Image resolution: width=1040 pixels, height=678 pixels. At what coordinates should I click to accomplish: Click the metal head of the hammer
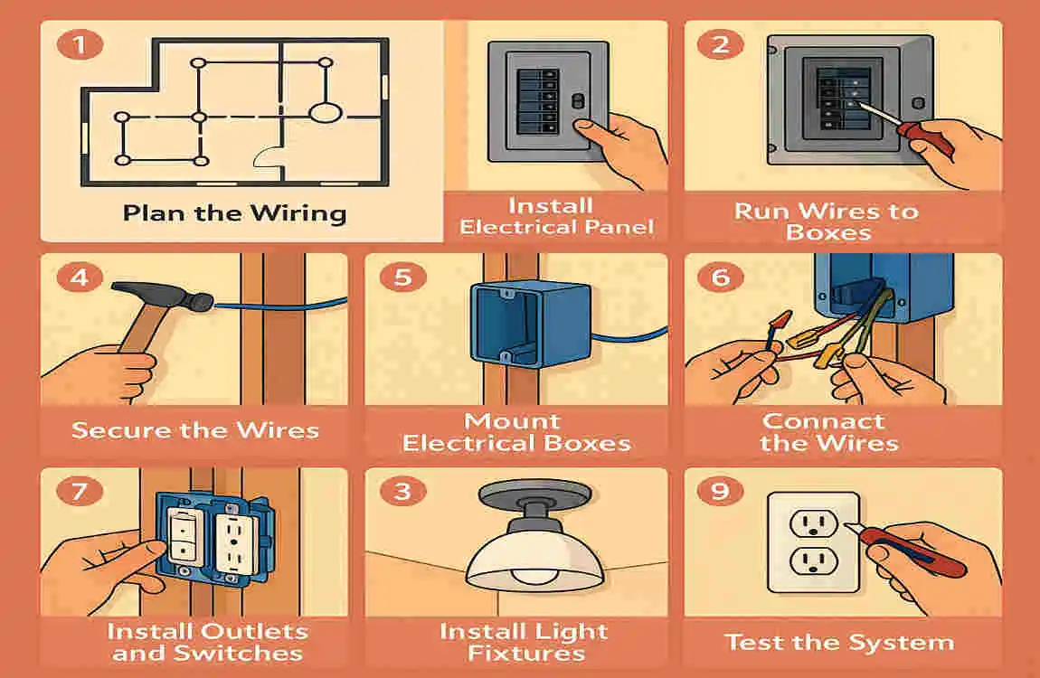(168, 296)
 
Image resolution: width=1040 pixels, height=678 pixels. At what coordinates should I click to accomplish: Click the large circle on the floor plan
(325, 113)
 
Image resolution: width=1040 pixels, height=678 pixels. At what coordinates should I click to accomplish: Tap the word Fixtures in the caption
(525, 653)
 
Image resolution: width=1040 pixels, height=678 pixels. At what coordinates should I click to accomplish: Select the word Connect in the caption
(823, 421)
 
